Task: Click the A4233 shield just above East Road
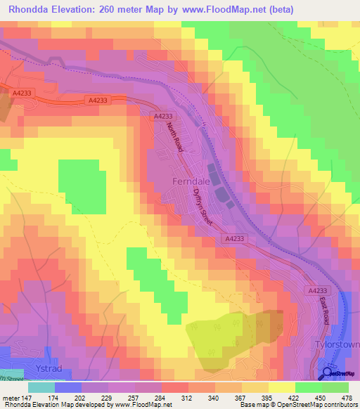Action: (318, 290)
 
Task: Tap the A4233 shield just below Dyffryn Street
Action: (236, 239)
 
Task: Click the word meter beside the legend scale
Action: (10, 398)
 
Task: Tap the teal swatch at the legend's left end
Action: (41, 387)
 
